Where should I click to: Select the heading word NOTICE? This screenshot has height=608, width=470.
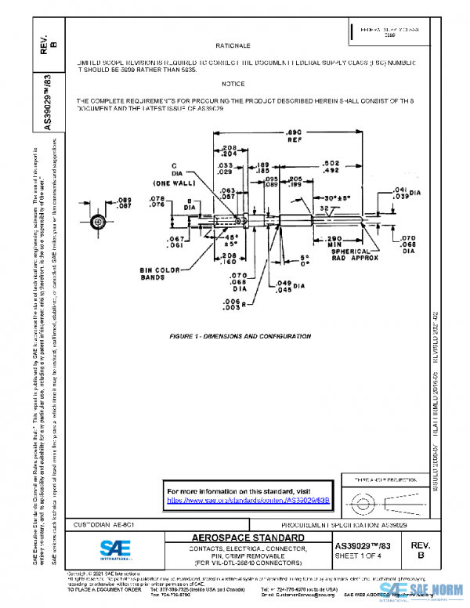[233, 84]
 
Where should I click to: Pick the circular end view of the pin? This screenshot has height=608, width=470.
[98, 223]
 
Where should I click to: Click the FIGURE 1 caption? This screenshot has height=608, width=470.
[240, 336]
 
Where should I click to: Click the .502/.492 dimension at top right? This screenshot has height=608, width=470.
[374, 166]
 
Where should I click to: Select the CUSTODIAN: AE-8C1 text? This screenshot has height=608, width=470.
[103, 523]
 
